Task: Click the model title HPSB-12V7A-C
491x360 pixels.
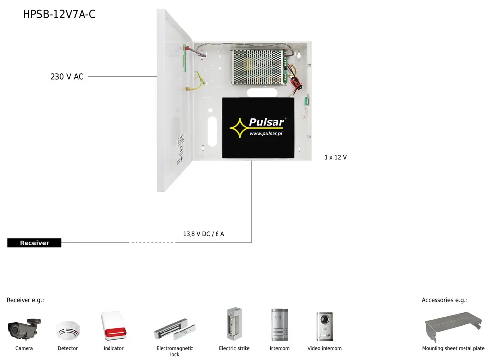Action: point(59,14)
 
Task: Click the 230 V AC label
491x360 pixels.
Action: point(67,77)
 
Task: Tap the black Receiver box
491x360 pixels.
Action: point(34,243)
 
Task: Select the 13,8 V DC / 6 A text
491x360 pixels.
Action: point(203,234)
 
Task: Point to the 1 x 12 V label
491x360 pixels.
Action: point(335,157)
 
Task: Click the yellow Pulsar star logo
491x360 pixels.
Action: point(239,127)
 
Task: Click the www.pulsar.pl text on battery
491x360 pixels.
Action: point(266,133)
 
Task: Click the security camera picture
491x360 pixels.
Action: point(24,329)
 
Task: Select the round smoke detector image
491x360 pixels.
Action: point(67,331)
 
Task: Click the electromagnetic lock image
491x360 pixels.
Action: point(176,330)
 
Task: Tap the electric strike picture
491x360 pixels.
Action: point(233,325)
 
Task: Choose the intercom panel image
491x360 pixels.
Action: point(279,326)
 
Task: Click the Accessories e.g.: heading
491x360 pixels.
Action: point(444,300)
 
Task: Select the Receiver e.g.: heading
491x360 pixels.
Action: point(26,300)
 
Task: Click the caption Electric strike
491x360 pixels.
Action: point(234,348)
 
